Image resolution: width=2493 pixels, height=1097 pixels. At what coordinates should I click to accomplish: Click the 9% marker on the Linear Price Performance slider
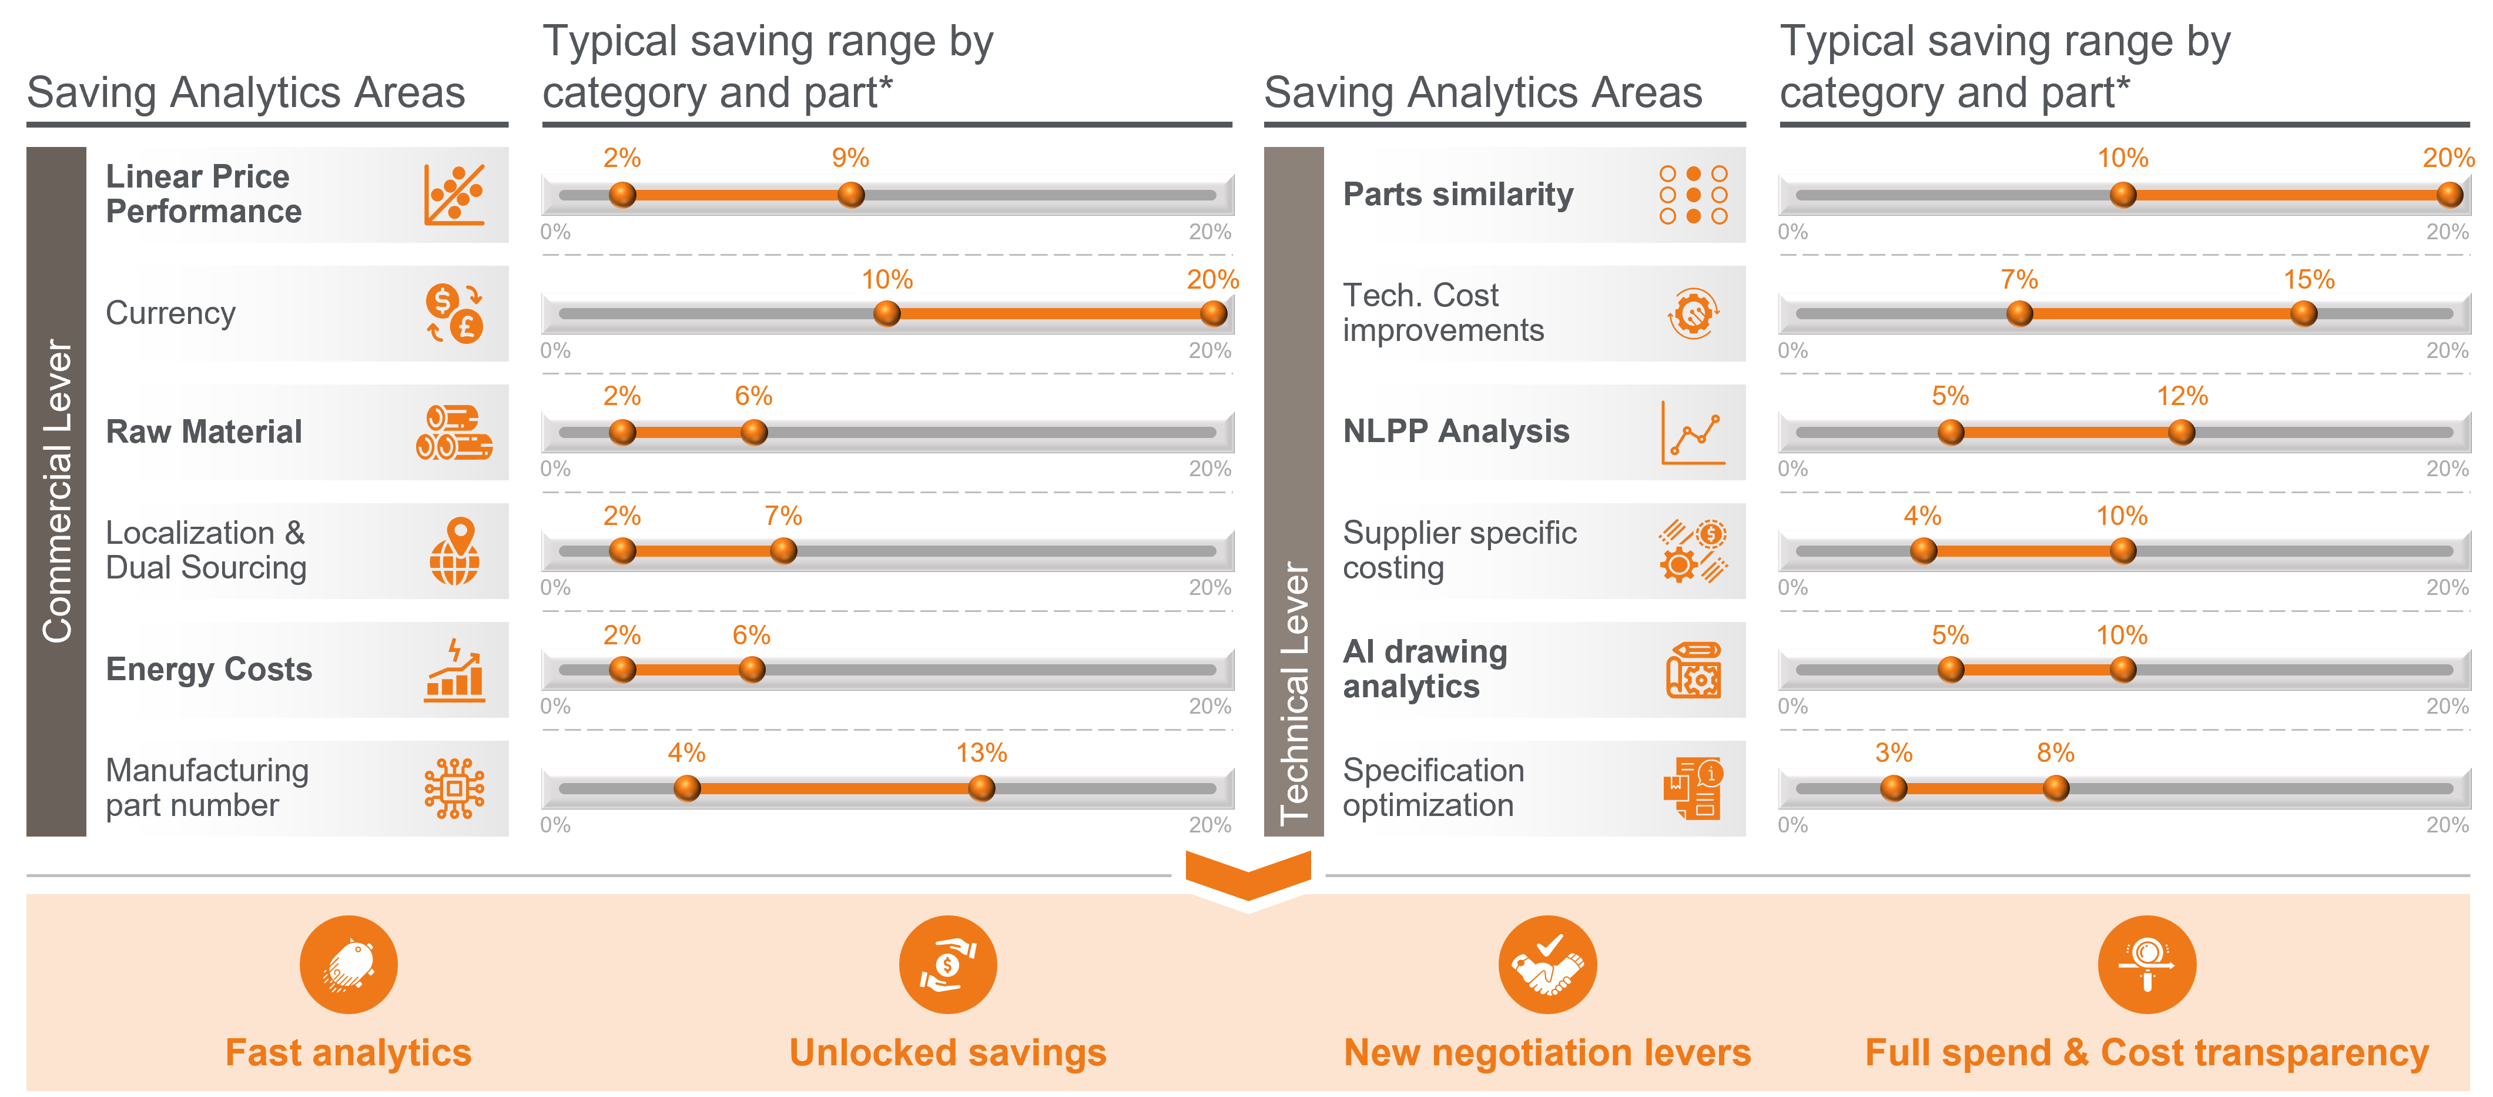[850, 195]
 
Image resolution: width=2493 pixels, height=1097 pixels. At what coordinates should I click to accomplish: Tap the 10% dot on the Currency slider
[886, 314]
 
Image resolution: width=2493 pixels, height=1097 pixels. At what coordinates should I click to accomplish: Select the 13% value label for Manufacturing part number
[981, 752]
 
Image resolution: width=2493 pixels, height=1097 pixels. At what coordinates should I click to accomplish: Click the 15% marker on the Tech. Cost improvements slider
[2303, 314]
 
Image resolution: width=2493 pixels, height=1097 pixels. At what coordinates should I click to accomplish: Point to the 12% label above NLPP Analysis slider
[2182, 396]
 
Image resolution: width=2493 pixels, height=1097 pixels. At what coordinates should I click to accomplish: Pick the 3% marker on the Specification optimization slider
[1894, 788]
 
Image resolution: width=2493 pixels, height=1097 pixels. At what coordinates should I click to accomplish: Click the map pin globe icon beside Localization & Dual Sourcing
[455, 551]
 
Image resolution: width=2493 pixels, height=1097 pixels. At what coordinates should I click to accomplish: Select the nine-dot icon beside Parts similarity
[1694, 195]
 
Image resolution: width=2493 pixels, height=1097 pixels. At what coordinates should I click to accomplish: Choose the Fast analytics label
[349, 1052]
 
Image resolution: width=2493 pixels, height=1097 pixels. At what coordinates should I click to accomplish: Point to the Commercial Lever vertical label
[57, 491]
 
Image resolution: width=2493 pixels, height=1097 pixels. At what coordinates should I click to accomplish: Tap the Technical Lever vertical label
[1294, 693]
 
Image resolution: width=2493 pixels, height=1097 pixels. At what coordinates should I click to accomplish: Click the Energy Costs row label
[209, 669]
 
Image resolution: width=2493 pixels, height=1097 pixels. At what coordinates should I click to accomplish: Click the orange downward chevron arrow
[1248, 874]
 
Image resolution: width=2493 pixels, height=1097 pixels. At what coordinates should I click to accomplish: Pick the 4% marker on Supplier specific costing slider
[1923, 551]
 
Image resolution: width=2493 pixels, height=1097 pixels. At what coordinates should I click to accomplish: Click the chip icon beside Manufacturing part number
[455, 788]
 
